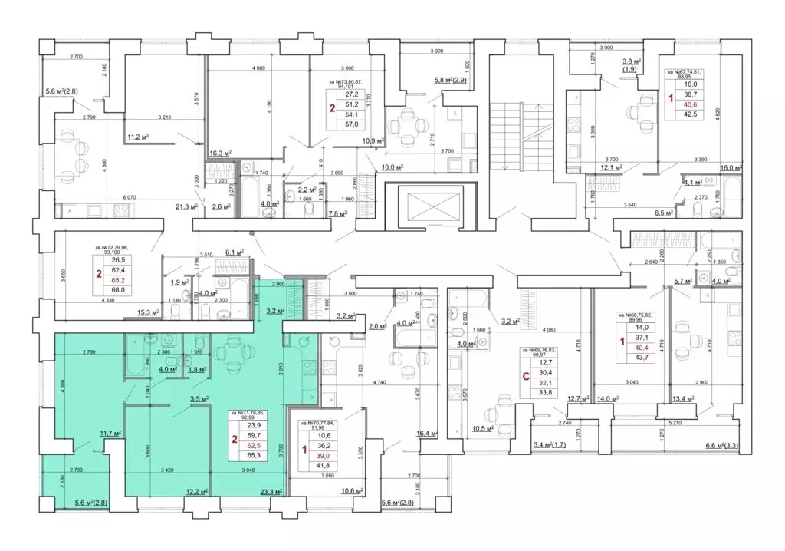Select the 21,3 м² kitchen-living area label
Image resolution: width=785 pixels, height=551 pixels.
tap(187, 206)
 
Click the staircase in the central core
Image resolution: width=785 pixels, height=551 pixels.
tap(505, 137)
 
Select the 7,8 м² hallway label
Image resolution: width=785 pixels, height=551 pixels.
tap(337, 214)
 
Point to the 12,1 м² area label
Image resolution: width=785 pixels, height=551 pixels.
tap(610, 167)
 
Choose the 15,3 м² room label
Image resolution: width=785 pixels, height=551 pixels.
tap(147, 312)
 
